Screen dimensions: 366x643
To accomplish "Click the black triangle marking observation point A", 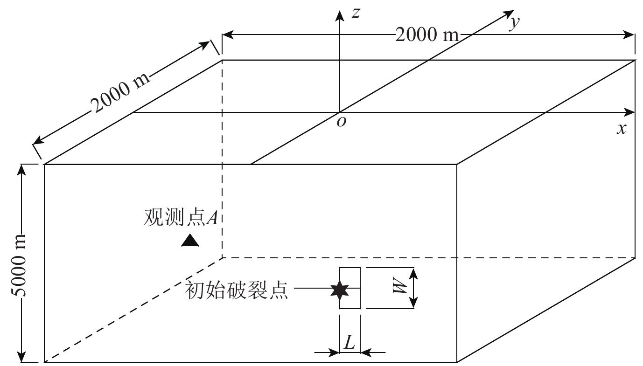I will click(190, 240).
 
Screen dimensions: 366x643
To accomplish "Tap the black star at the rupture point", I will click(339, 290).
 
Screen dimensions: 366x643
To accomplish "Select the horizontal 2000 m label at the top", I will click(426, 35).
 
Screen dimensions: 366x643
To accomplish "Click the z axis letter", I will click(356, 13).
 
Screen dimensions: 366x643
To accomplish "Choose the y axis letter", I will click(515, 23).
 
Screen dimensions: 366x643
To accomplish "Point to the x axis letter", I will click(621, 128).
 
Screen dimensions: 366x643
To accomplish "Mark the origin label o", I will click(342, 122).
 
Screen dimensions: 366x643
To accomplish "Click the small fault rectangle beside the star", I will click(350, 288).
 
